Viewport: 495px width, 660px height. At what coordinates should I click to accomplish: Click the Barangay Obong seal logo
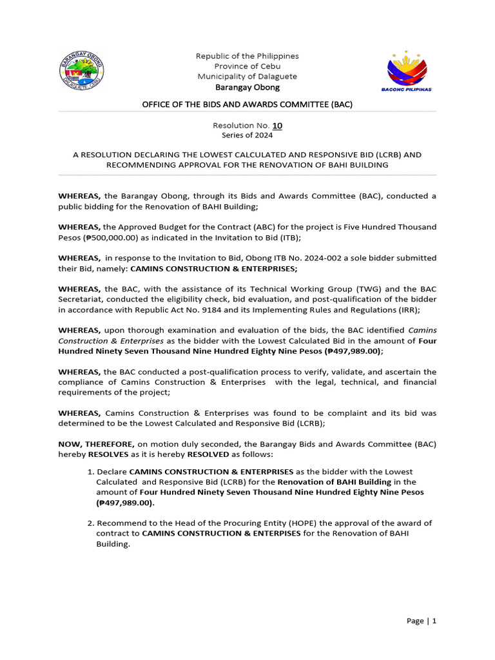point(81,72)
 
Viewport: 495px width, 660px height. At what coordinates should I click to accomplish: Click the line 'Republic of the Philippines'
point(247,56)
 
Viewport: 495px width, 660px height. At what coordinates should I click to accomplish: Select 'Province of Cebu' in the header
point(247,66)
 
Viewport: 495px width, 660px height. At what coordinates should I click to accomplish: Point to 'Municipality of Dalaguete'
point(247,77)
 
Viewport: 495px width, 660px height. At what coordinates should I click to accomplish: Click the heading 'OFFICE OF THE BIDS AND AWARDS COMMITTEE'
point(247,104)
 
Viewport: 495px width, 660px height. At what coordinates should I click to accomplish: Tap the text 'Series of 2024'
point(247,135)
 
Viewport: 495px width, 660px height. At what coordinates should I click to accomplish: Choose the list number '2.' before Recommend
point(90,523)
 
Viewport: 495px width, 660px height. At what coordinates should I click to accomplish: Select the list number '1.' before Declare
point(90,472)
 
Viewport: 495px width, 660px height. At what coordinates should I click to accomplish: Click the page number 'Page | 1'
point(422,621)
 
